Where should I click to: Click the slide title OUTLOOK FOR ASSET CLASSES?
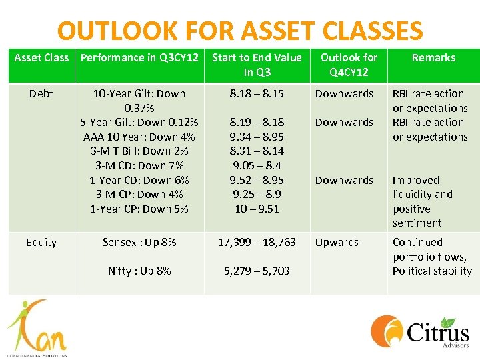[x=240, y=31]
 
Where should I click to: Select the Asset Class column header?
[x=41, y=58]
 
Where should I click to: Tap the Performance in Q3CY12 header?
[x=139, y=58]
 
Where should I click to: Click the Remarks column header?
[x=433, y=58]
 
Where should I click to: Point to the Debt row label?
[x=41, y=94]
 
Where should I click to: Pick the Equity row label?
[x=41, y=243]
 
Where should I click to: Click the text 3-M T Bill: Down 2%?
[x=139, y=151]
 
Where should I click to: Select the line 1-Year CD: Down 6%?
[x=139, y=180]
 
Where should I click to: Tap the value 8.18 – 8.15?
[x=257, y=94]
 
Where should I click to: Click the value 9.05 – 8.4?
[x=257, y=166]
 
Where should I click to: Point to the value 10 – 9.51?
[x=257, y=209]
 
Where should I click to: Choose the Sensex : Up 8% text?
[x=139, y=243]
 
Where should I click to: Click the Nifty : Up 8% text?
[x=139, y=271]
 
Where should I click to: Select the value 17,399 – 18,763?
[x=257, y=243]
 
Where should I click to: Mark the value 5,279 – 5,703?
[x=257, y=271]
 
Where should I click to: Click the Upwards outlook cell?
[x=337, y=243]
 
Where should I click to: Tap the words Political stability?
[x=431, y=271]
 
